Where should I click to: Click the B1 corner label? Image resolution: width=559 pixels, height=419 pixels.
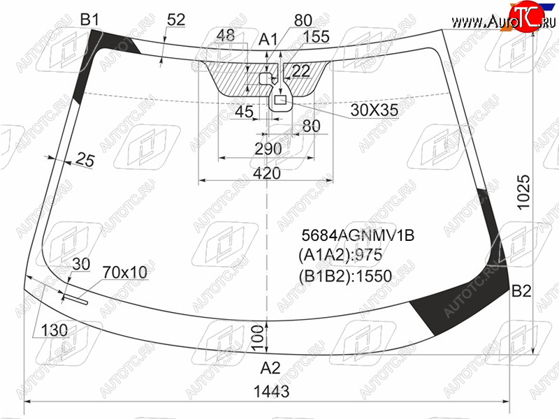click(89, 20)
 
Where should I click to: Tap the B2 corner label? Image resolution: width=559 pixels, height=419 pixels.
click(521, 291)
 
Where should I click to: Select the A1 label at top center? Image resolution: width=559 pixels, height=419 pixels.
click(268, 39)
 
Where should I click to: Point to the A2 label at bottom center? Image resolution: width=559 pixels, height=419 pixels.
click(270, 368)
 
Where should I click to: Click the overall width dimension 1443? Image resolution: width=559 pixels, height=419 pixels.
click(271, 391)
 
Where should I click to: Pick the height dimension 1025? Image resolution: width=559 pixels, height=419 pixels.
click(523, 193)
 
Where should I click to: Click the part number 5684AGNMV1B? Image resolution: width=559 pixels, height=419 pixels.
click(358, 235)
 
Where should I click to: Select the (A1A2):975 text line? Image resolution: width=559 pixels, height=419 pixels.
click(340, 255)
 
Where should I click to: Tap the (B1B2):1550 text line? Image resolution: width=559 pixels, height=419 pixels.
click(345, 276)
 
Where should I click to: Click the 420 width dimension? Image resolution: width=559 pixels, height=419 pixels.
click(267, 173)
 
